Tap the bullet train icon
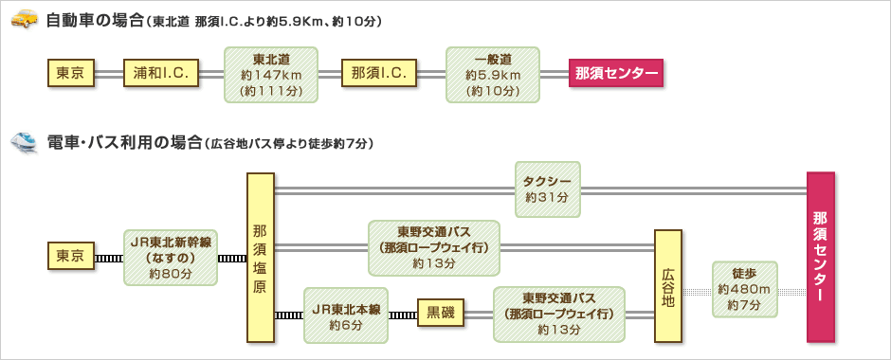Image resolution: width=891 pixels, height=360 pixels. [x=23, y=142]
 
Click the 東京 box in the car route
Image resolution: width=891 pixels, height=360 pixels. [x=71, y=73]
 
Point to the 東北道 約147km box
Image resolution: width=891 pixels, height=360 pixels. [x=270, y=74]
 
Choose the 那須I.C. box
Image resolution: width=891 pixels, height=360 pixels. [x=379, y=73]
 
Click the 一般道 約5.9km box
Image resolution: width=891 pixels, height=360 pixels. [x=493, y=74]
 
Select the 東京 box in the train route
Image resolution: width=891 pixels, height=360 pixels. [x=71, y=256]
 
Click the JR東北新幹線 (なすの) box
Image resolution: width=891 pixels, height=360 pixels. [x=171, y=256]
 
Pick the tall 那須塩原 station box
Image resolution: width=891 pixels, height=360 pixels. [x=260, y=257]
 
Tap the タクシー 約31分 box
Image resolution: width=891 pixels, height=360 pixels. [x=546, y=188]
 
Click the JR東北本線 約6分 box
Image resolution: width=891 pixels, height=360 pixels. [x=346, y=315]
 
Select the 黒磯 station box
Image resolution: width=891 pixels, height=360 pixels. [x=442, y=315]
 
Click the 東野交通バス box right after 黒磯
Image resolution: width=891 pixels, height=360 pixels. [x=559, y=315]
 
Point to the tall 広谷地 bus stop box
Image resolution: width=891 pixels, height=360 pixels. [x=667, y=284]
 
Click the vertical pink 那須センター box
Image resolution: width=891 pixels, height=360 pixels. [x=820, y=257]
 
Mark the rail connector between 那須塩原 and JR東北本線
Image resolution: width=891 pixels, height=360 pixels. [x=288, y=315]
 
